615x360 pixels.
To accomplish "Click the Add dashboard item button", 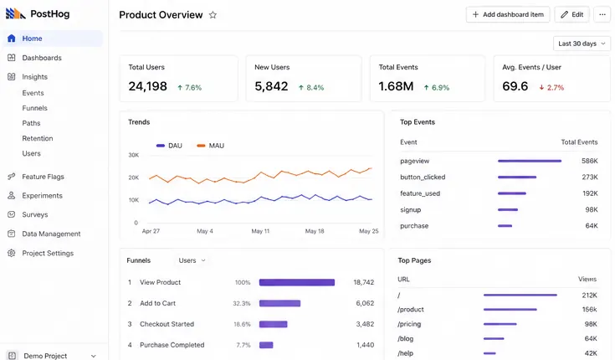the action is [x=508, y=14].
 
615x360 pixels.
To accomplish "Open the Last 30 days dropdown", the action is [x=582, y=44].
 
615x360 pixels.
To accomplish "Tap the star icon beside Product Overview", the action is [x=213, y=15].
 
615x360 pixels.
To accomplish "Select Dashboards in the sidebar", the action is [x=42, y=58].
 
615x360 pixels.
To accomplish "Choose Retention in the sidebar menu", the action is [x=38, y=138].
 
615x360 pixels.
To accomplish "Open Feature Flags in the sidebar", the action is [x=44, y=177].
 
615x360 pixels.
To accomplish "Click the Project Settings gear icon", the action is [x=12, y=253].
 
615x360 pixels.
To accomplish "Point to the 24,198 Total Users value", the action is [x=148, y=86].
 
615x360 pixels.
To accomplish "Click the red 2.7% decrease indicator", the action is [x=551, y=88].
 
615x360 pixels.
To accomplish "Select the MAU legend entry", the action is [x=211, y=146].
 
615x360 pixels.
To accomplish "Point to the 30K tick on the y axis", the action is [x=134, y=155].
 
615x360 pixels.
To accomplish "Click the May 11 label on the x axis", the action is [x=260, y=231].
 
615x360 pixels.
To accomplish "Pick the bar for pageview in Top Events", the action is [x=530, y=161].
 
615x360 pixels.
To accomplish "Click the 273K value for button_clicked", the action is [x=590, y=177].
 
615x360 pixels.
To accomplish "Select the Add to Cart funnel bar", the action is [x=279, y=303].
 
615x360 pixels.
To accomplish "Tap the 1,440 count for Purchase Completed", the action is [x=365, y=345].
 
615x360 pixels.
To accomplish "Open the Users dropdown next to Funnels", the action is [x=192, y=260].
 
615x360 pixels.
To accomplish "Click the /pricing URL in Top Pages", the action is [x=409, y=324].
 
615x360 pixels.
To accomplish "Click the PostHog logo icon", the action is [x=15, y=13].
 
